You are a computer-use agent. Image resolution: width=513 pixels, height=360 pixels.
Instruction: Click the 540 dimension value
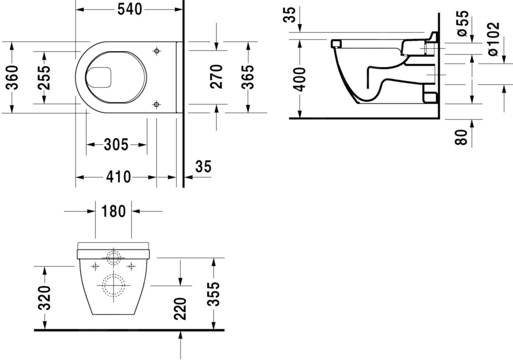coord(129,9)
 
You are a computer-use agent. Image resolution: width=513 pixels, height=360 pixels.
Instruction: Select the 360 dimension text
coord(13,77)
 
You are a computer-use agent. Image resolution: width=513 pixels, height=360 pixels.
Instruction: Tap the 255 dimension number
coord(44,77)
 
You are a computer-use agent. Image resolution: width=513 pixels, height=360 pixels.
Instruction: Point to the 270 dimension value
coord(217,77)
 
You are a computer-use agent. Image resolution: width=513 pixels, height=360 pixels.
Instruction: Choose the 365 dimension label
coord(248,77)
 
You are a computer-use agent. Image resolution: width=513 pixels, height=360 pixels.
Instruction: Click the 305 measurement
coord(116,145)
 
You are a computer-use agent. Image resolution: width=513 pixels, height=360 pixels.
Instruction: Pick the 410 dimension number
coord(118,177)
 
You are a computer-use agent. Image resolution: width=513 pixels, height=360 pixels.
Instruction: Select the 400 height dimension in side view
coord(300,79)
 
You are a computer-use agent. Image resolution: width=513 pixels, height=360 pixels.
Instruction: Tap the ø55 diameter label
coord(463,23)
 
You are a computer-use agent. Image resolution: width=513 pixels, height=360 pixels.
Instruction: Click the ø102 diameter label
coord(494,39)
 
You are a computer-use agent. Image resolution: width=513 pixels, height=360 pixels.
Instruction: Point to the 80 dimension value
coord(462,137)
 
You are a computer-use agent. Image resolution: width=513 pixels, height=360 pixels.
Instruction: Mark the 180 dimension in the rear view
coord(113,211)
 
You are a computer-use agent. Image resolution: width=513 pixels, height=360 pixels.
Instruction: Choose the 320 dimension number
coord(45,297)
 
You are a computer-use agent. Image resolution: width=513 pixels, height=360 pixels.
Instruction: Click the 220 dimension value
coord(180,309)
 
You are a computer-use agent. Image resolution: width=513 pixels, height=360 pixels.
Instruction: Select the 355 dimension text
coord(214,294)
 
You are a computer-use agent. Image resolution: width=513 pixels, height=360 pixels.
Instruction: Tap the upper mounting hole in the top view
coord(157,51)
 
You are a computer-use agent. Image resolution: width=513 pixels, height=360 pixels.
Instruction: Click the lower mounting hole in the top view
coord(156,105)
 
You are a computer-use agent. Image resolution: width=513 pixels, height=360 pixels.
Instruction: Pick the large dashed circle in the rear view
coord(113,285)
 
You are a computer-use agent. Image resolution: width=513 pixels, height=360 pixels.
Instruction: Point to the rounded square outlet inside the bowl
coord(99,77)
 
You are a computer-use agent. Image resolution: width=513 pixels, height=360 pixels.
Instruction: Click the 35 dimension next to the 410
coord(203,166)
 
